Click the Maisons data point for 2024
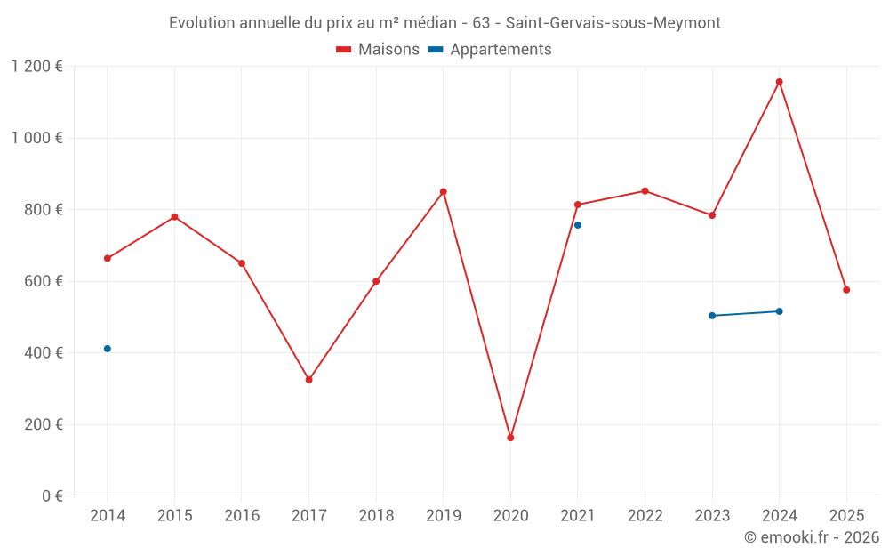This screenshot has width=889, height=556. coord(779,82)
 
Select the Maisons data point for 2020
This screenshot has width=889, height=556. coord(510,438)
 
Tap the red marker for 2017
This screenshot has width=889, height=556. coord(308,380)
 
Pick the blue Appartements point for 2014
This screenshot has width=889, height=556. coord(108,349)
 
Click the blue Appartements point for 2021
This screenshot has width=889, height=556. coord(578,225)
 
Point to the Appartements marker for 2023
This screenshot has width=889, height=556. coord(712,316)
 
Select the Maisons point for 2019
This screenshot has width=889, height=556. coord(443,192)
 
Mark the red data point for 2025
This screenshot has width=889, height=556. coord(846,290)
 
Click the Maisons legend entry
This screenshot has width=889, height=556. coord(378,50)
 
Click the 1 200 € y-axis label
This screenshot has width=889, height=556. coord(36,67)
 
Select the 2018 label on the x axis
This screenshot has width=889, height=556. coord(376,516)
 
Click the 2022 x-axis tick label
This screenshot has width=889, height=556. coord(645,516)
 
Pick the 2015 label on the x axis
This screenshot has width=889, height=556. coord(174,516)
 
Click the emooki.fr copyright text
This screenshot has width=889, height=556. coord(811,537)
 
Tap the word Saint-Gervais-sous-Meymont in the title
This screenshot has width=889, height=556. coord(613,22)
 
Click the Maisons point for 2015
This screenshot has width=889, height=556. coord(174,217)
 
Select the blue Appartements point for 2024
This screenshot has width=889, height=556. coord(779,311)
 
